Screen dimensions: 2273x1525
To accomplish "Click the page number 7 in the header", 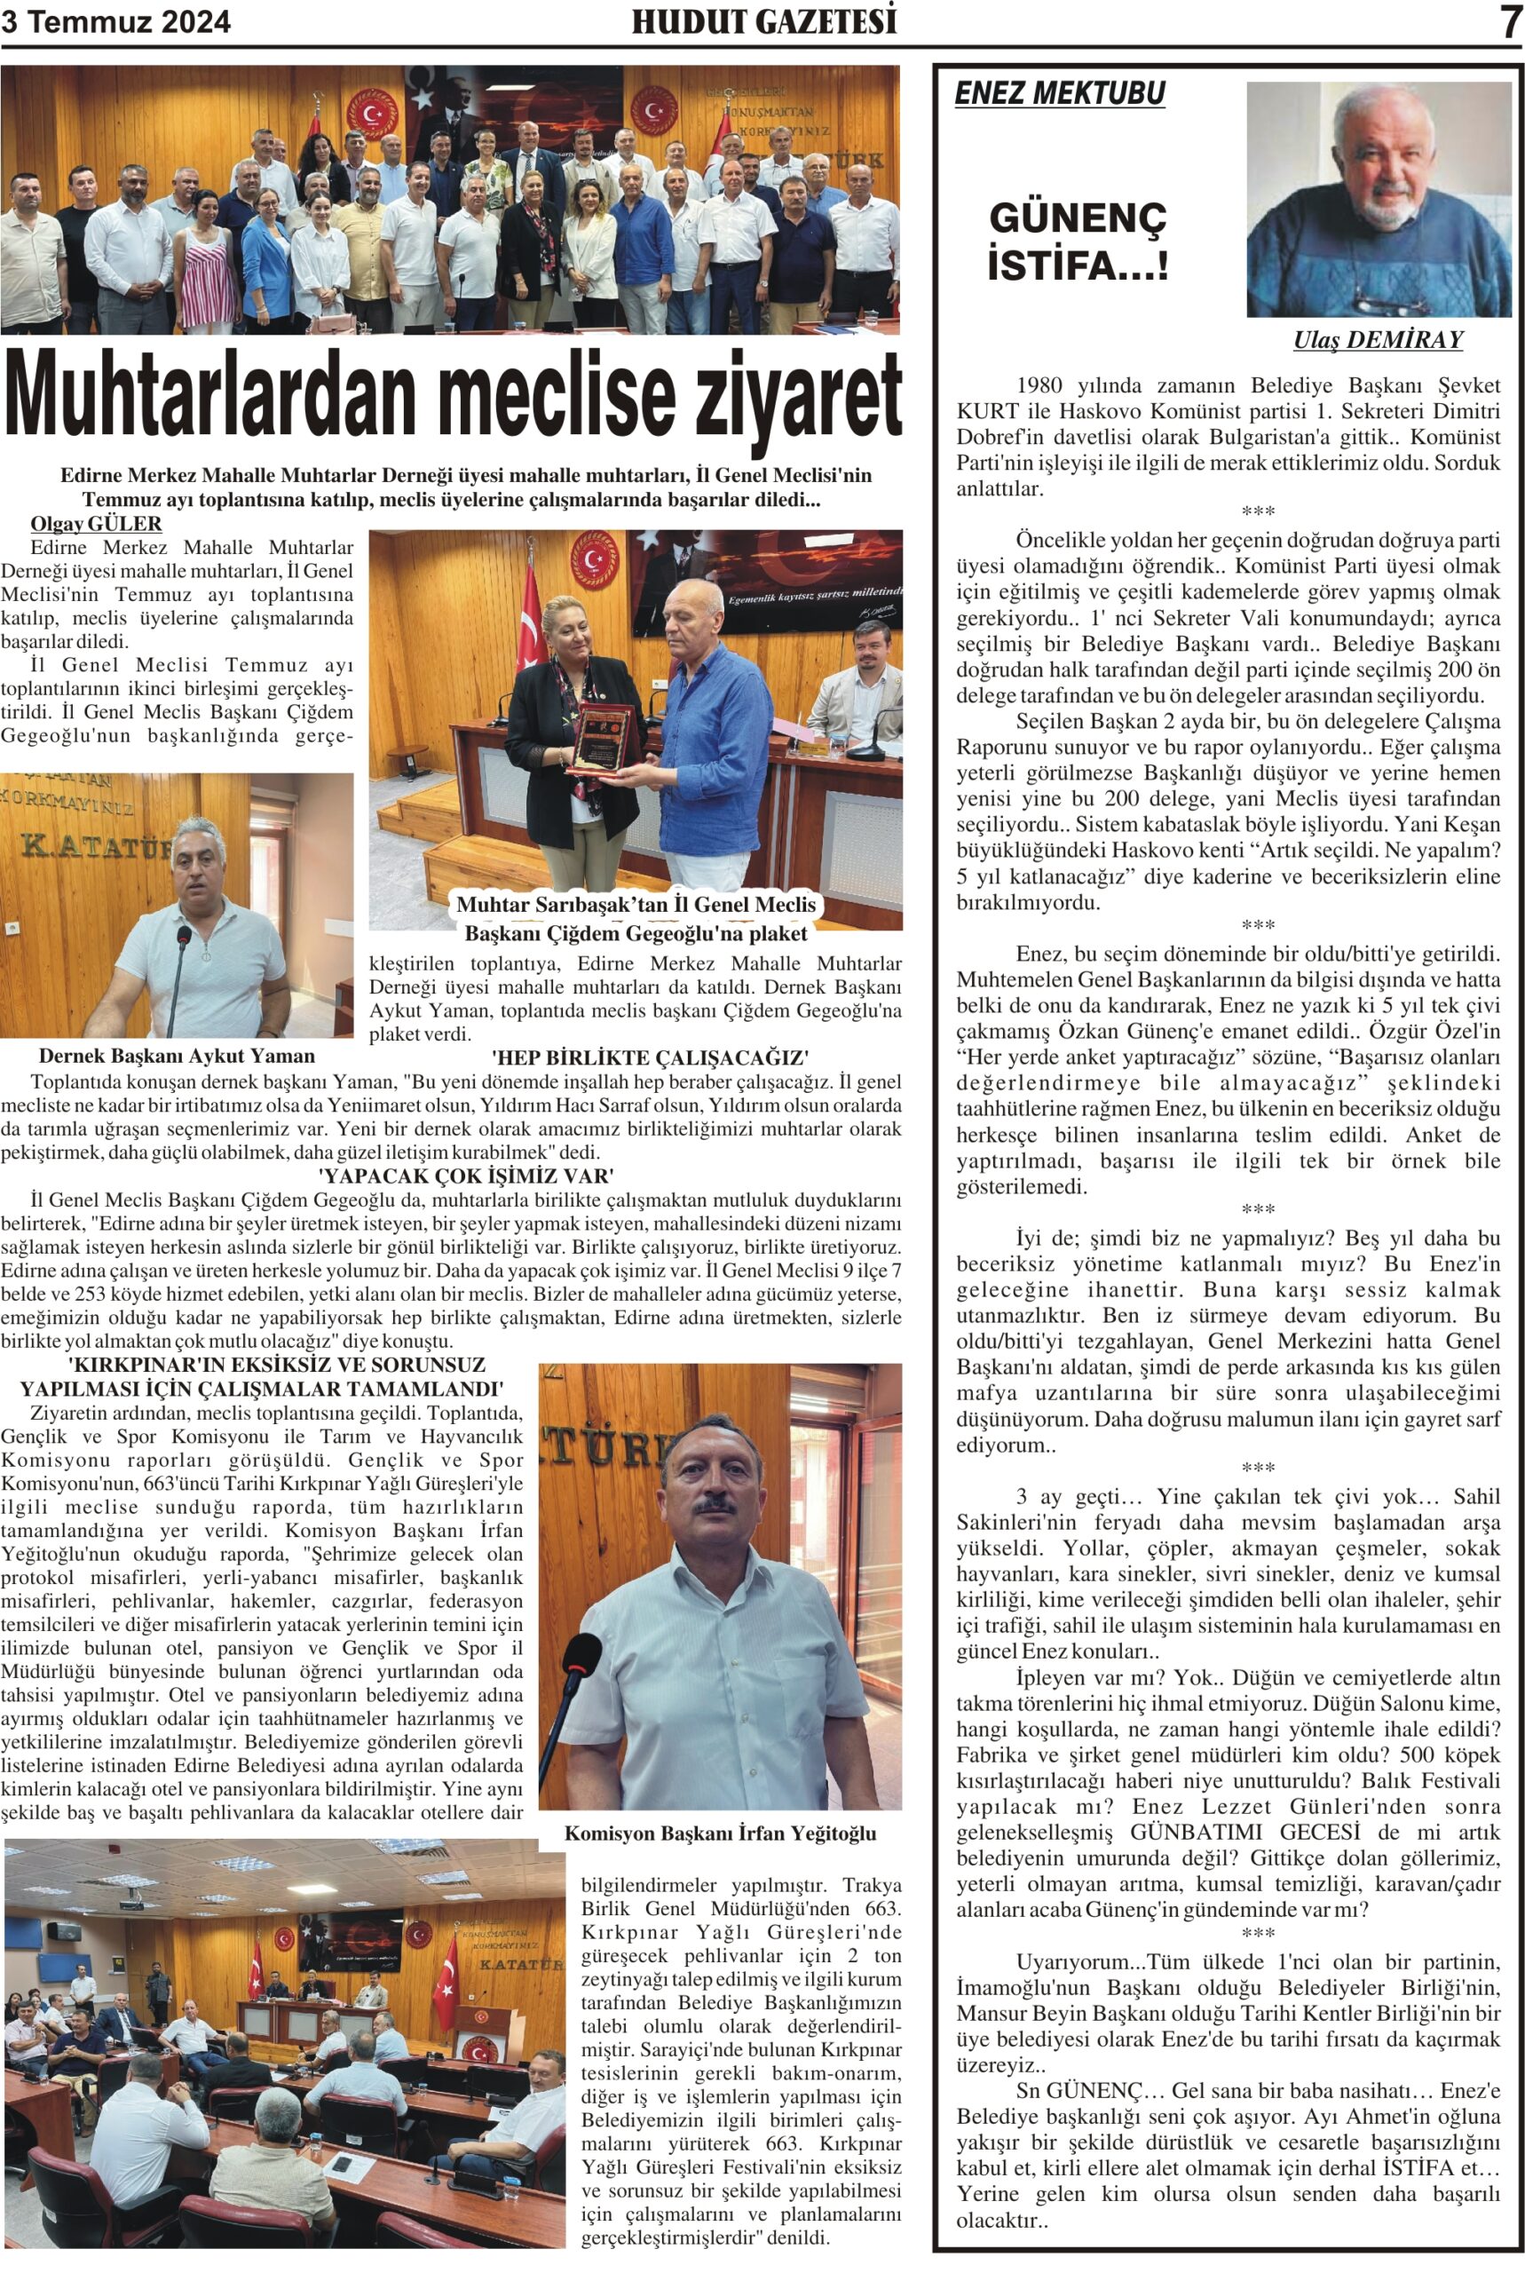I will (x=1509, y=21).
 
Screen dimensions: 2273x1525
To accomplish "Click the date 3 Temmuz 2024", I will (x=115, y=22).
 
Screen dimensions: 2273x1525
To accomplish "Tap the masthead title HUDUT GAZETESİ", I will (x=763, y=21).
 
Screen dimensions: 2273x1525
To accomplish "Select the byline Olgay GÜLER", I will (x=96, y=524).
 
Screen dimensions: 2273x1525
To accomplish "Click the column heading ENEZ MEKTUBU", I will (x=1059, y=93).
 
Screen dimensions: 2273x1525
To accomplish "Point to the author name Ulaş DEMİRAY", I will (x=1377, y=339).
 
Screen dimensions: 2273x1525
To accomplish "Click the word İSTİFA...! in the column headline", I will (x=1078, y=265).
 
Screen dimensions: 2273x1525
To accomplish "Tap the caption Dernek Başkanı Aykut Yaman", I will (x=176, y=1057).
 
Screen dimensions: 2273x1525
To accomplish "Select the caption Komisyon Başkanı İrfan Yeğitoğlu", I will (x=720, y=1833).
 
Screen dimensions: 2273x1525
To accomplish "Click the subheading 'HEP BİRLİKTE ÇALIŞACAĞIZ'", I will (x=650, y=1057).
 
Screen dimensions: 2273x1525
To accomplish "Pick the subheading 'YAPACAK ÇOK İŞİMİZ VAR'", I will (x=466, y=1176).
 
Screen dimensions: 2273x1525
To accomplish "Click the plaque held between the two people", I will (x=600, y=742).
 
